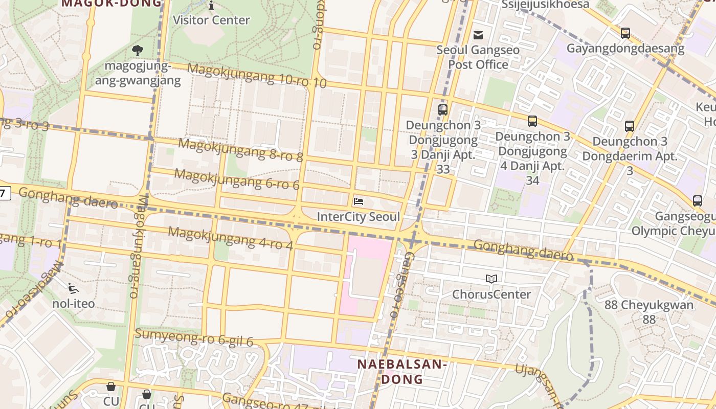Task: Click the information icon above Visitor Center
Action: [211, 6]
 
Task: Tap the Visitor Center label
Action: [211, 20]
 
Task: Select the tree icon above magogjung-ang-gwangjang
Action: [137, 50]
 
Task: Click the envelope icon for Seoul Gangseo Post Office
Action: [478, 35]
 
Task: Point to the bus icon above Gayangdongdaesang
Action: [625, 33]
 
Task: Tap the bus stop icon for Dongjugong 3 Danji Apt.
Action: [443, 109]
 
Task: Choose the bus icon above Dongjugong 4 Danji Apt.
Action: [532, 121]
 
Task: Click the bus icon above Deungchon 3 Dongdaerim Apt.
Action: [630, 126]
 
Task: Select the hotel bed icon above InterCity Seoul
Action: [359, 201]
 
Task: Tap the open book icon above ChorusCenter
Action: [491, 279]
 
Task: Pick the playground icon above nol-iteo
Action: [73, 288]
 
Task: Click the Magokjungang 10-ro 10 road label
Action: [256, 76]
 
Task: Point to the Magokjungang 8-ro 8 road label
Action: [240, 150]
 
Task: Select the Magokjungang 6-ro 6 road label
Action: [237, 179]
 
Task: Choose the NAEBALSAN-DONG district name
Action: [402, 372]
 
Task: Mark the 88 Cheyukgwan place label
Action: [649, 312]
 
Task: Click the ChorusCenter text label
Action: [491, 294]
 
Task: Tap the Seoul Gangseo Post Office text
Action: [478, 57]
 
